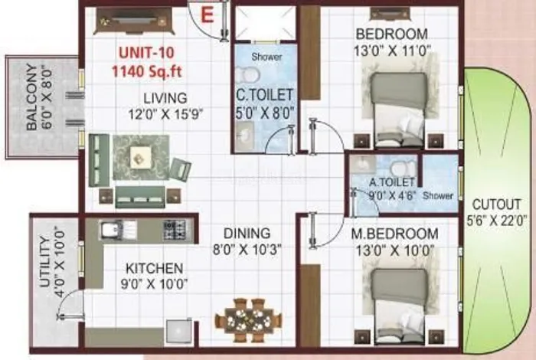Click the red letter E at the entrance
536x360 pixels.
(208, 15)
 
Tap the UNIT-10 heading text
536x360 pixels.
(147, 53)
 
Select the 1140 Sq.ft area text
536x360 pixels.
(147, 72)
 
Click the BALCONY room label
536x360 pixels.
(32, 97)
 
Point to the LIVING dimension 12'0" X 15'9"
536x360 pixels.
(165, 114)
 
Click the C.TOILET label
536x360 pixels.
(265, 96)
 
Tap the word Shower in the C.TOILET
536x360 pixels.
(266, 57)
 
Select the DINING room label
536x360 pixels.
(247, 234)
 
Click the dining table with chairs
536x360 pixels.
(248, 320)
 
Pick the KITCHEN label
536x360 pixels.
(155, 268)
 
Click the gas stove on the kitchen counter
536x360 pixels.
(175, 229)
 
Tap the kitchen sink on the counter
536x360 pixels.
(118, 229)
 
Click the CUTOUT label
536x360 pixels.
(497, 205)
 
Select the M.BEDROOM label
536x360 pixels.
(395, 234)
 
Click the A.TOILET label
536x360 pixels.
(392, 182)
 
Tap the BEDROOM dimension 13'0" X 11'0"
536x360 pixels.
(392, 51)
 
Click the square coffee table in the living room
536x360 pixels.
(140, 157)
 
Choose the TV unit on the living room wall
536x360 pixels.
(134, 21)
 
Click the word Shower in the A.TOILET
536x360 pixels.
(438, 195)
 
